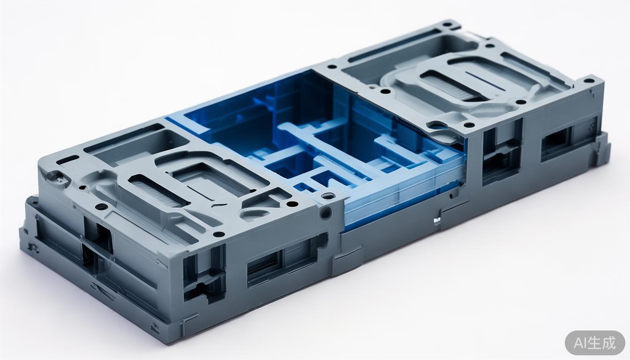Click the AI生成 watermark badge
595,343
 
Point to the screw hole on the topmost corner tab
446,24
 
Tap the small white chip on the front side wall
437,220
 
